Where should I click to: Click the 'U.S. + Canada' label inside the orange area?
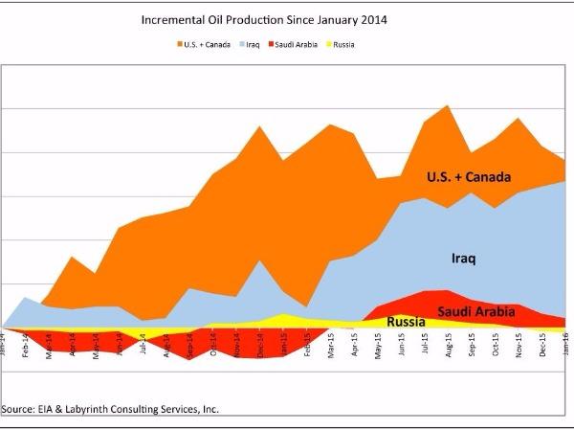pos(469,177)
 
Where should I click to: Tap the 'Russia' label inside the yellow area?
pos(406,322)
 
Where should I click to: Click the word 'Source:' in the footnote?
pos(20,409)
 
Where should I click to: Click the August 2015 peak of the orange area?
pos(448,106)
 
